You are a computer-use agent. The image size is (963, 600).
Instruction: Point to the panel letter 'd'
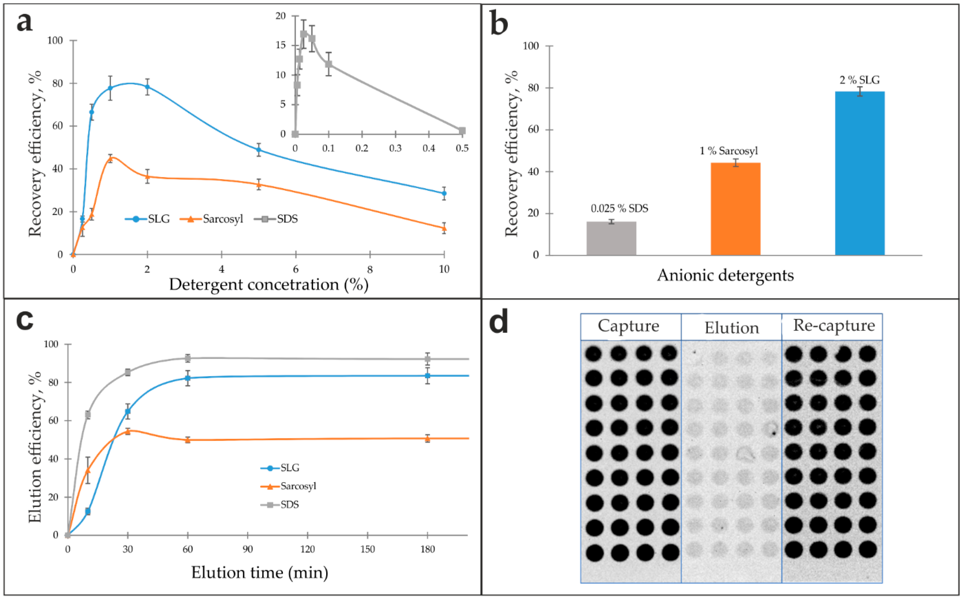point(499,322)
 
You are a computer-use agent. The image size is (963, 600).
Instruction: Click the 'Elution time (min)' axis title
point(260,572)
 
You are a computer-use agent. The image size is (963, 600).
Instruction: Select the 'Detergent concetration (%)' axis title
point(268,284)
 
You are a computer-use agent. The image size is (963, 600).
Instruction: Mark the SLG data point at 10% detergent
point(444,194)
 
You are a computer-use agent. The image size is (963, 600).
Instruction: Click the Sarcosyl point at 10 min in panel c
point(88,470)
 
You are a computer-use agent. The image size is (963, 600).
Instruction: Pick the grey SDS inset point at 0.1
point(328,64)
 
